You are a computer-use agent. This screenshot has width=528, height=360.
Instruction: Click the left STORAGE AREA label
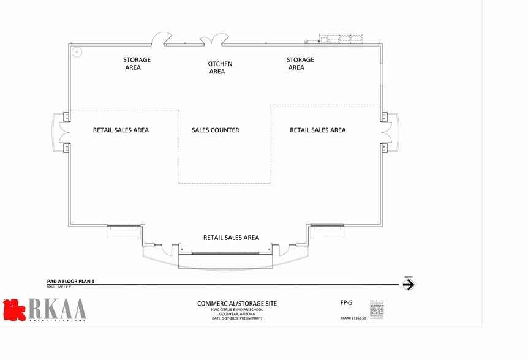[x=137, y=64]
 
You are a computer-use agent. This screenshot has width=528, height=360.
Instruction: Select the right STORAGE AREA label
[x=300, y=64]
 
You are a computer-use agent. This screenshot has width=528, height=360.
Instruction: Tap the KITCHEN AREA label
[x=219, y=67]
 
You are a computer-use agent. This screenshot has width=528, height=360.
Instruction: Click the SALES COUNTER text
[x=215, y=130]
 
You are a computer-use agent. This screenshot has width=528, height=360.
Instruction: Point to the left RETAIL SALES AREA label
[x=121, y=130]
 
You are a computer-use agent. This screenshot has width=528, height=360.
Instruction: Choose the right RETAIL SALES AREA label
[x=317, y=130]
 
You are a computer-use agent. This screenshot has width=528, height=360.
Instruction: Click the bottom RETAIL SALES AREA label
[x=231, y=238]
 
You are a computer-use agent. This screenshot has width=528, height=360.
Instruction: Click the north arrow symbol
[x=409, y=285]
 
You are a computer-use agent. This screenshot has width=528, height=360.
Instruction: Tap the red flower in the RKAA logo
[x=13, y=309]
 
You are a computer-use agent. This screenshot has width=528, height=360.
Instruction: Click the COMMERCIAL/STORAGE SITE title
[x=236, y=304]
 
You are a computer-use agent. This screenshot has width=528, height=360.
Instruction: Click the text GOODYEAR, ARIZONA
[x=236, y=314]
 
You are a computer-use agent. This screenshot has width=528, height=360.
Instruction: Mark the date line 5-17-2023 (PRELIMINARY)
[x=236, y=318]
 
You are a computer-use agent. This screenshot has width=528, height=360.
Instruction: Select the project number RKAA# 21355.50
[x=353, y=318]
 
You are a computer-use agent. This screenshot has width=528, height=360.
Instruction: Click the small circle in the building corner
[x=77, y=52]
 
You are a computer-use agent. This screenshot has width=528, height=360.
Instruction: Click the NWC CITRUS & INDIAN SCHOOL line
[x=236, y=310]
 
